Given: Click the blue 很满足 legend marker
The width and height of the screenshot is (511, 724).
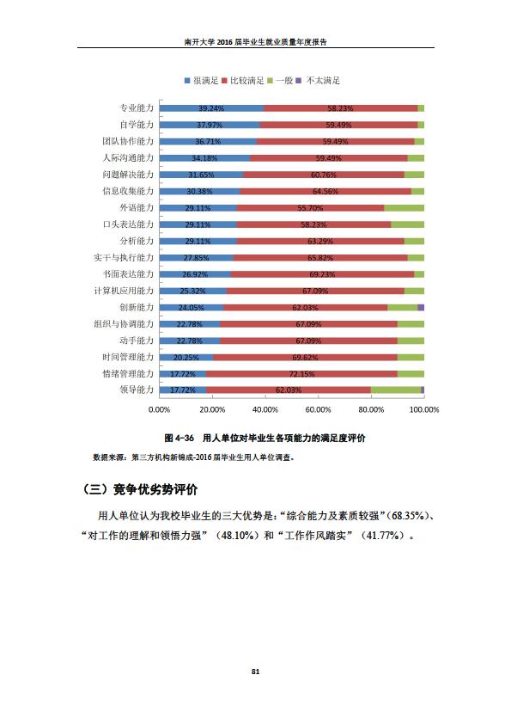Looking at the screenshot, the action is tap(187, 81).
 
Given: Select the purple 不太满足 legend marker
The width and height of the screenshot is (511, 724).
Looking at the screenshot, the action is tap(298, 81).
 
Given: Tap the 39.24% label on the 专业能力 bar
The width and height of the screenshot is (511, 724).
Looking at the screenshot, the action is tap(211, 108).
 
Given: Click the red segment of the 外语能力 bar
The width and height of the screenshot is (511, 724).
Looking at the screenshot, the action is tap(310, 208).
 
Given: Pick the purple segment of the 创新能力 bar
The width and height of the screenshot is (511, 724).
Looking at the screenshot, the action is tap(421, 308).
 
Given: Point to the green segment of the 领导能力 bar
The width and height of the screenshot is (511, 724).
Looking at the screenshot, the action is tap(396, 390).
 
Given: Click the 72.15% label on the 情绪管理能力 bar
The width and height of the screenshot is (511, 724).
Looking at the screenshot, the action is tap(301, 374).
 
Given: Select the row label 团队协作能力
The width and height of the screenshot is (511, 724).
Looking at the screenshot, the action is tap(128, 141).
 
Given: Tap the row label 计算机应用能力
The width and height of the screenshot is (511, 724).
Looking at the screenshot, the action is tap(124, 291).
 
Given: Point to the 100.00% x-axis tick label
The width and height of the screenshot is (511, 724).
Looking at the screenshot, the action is tap(424, 409).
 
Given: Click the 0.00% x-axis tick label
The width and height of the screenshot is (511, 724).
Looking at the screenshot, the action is tap(159, 409).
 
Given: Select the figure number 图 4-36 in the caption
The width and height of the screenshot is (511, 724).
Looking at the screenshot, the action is tap(179, 438).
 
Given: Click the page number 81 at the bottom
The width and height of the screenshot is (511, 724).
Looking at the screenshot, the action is tap(256, 672).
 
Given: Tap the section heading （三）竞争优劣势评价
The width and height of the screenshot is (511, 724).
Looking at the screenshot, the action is tap(139, 489).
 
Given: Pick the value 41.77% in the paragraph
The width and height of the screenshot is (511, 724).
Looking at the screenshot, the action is tap(382, 536).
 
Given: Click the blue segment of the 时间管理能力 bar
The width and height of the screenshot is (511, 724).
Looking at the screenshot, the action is tap(186, 358).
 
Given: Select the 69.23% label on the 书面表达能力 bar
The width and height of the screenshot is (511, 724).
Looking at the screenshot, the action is tap(322, 274).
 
